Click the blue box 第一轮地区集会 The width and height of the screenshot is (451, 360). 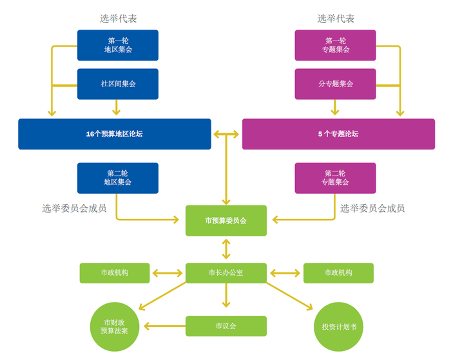pyautogui.click(x=117, y=45)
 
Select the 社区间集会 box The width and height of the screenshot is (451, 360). pyautogui.click(x=117, y=84)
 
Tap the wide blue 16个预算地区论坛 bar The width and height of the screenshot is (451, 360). pyautogui.click(x=115, y=134)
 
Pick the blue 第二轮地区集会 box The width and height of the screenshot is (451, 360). pyautogui.click(x=117, y=178)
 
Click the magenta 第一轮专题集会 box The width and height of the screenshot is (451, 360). pyautogui.click(x=335, y=45)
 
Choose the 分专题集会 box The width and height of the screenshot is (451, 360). pyautogui.click(x=335, y=84)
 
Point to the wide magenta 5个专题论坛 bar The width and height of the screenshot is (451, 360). pyautogui.click(x=338, y=134)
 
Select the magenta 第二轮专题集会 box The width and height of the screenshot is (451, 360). pyautogui.click(x=335, y=178)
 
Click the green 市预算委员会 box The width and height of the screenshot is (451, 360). pyautogui.click(x=225, y=221)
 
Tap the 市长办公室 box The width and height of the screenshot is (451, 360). pyautogui.click(x=225, y=273)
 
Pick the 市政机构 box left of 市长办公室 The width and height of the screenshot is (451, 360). pyautogui.click(x=115, y=273)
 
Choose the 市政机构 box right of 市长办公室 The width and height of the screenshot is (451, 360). pyautogui.click(x=338, y=273)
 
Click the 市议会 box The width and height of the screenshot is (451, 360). pyautogui.click(x=225, y=326)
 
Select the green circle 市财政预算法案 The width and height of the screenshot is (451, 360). pyautogui.click(x=115, y=326)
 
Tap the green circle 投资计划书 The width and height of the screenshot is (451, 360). pyautogui.click(x=338, y=326)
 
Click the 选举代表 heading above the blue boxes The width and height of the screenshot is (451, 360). pyautogui.click(x=118, y=19)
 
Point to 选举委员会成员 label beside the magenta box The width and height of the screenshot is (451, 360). pyautogui.click(x=372, y=208)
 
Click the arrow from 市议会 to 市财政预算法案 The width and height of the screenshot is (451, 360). pyautogui.click(x=164, y=326)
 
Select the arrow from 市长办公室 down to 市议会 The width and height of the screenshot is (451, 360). pyautogui.click(x=225, y=298)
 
